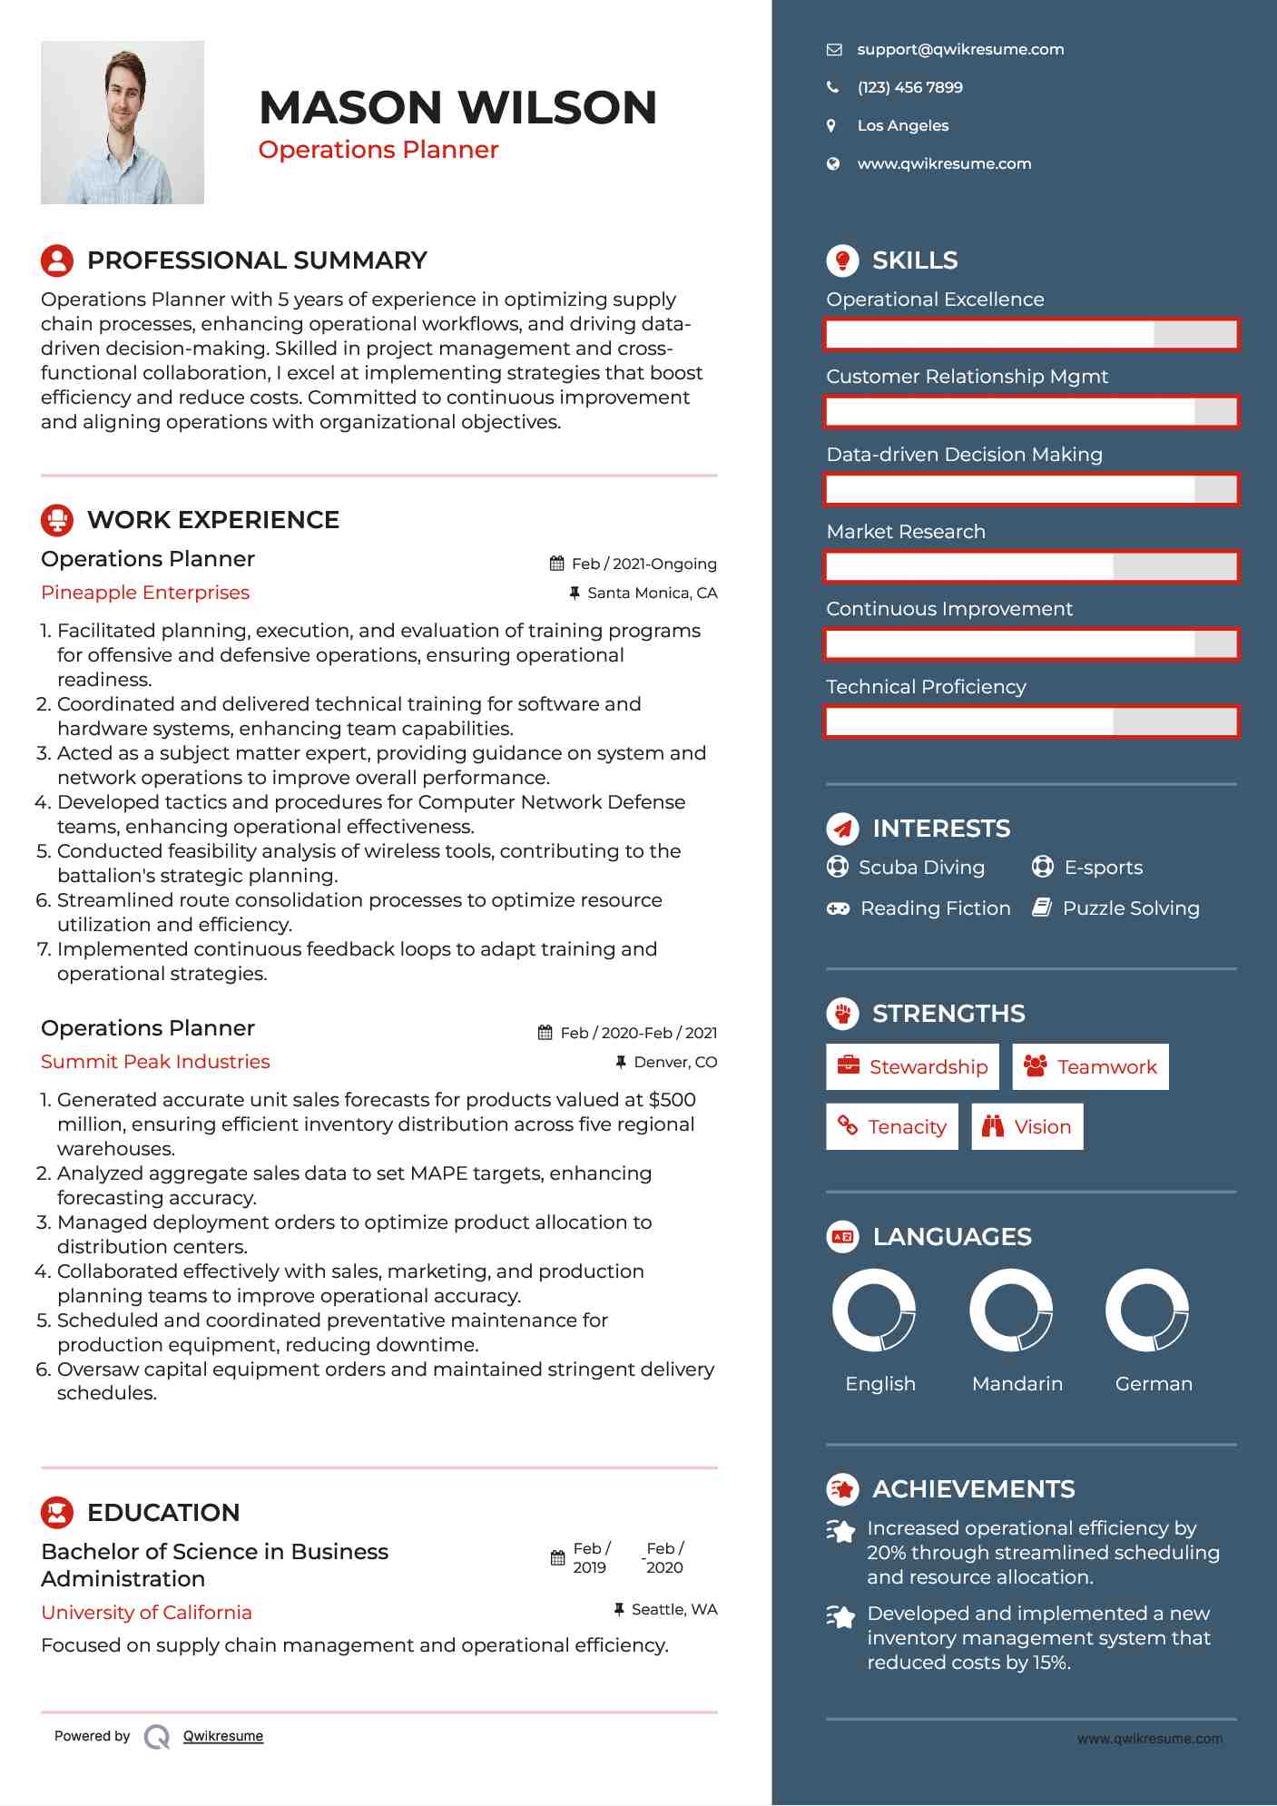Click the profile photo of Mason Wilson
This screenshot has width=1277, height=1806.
tap(123, 123)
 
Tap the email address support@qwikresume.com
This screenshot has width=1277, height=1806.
tap(960, 50)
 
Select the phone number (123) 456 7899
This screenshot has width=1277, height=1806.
tap(909, 88)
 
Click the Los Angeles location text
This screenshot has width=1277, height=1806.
tap(902, 126)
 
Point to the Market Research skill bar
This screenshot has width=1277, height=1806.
tap(1031, 567)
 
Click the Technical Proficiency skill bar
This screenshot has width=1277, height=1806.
tap(1031, 722)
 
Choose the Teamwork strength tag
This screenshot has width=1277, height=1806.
tap(1090, 1066)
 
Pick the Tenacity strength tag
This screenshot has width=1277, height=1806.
tap(891, 1126)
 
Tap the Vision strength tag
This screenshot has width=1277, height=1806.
tap(1027, 1126)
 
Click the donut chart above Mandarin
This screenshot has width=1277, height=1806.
tap(1010, 1310)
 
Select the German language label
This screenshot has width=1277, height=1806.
tap(1154, 1384)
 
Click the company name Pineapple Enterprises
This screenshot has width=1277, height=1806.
tap(145, 593)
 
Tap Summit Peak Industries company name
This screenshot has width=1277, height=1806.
tap(155, 1062)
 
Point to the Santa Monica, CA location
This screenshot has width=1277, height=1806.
tap(652, 594)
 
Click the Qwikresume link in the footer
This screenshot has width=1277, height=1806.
tap(223, 1736)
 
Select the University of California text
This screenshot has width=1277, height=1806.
tap(146, 1613)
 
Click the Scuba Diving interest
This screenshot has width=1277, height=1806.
tap(921, 868)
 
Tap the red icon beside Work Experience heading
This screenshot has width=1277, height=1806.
tap(57, 520)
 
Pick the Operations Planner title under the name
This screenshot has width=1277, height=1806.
tap(378, 150)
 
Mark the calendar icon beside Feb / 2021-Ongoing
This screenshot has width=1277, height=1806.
tap(557, 564)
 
